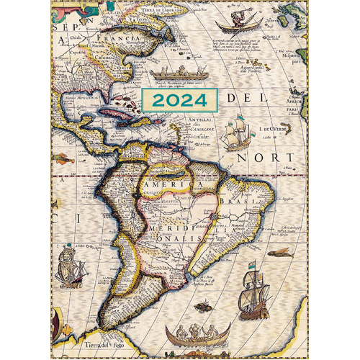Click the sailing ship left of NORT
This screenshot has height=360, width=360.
[236, 135]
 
